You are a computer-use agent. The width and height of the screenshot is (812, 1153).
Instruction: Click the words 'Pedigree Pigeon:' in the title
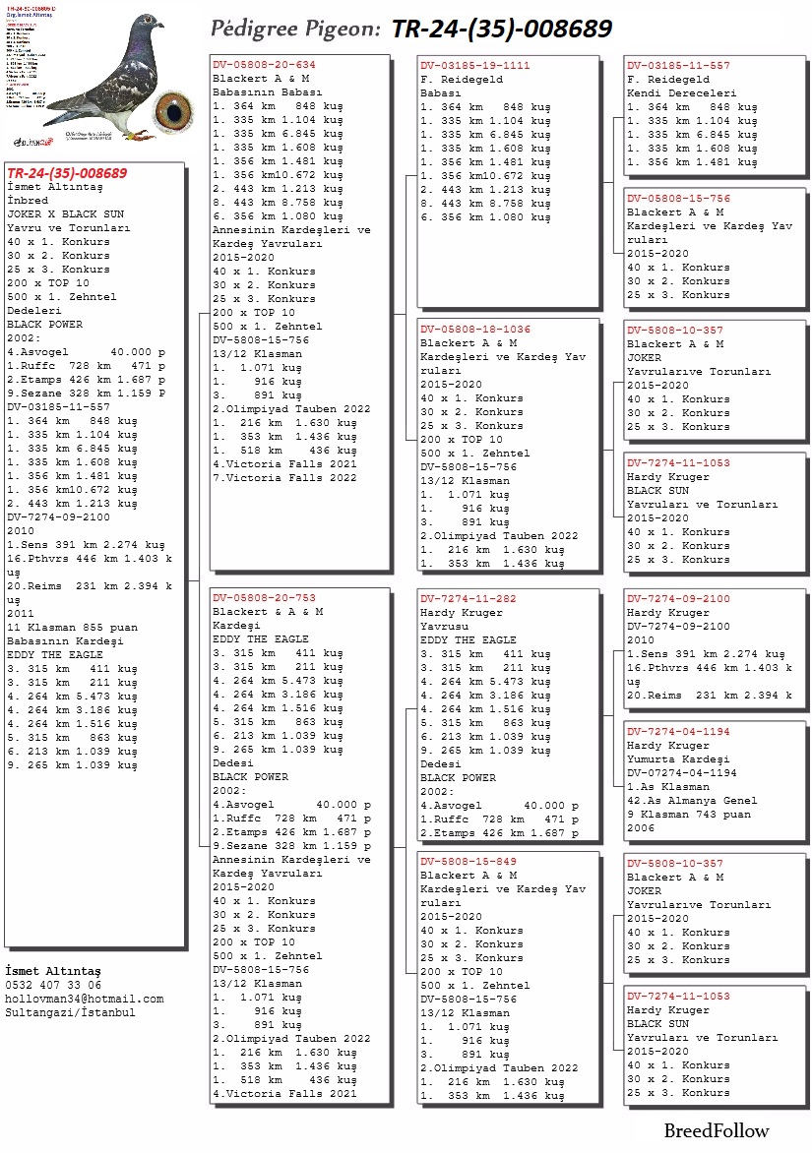click(295, 29)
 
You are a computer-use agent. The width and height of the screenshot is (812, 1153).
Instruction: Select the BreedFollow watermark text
click(716, 1130)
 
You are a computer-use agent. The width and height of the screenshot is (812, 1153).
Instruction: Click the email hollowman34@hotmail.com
click(85, 999)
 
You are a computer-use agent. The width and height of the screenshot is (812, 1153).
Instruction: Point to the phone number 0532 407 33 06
click(53, 985)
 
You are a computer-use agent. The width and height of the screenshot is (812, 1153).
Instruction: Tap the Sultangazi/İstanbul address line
click(71, 1012)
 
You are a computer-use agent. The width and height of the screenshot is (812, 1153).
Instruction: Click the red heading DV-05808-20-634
click(265, 65)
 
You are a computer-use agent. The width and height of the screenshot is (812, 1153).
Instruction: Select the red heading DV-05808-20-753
click(265, 598)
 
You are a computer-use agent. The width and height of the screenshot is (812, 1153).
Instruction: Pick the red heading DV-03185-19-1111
click(475, 65)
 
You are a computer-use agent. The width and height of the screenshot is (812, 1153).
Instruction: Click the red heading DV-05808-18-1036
click(475, 330)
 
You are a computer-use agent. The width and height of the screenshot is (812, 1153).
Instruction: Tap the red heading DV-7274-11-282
click(468, 598)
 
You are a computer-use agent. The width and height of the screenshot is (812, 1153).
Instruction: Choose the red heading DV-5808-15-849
click(468, 861)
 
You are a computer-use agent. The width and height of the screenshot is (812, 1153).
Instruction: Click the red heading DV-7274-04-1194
click(679, 732)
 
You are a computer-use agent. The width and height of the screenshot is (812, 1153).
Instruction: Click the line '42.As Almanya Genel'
click(692, 801)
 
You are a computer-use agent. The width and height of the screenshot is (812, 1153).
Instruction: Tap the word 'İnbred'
click(28, 200)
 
